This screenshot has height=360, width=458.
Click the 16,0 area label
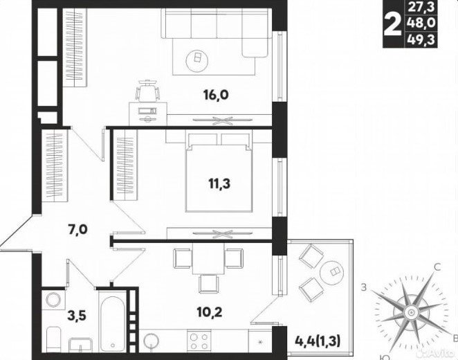click(216, 95)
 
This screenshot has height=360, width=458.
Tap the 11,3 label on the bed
click(219, 184)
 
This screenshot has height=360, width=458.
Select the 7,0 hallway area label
click(77, 230)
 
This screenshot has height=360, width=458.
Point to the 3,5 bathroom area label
click(77, 316)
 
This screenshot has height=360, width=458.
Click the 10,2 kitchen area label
click(210, 312)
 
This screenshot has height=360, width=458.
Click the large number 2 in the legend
click(394, 26)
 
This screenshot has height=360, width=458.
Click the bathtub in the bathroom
click(112, 321)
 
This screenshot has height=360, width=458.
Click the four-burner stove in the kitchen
click(199, 341)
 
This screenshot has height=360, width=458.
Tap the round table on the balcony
click(332, 271)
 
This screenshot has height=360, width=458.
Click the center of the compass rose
click(411, 313)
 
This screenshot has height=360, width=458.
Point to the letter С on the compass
click(437, 267)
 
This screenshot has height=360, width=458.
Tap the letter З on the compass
click(363, 287)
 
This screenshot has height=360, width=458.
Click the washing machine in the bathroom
click(53, 300)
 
